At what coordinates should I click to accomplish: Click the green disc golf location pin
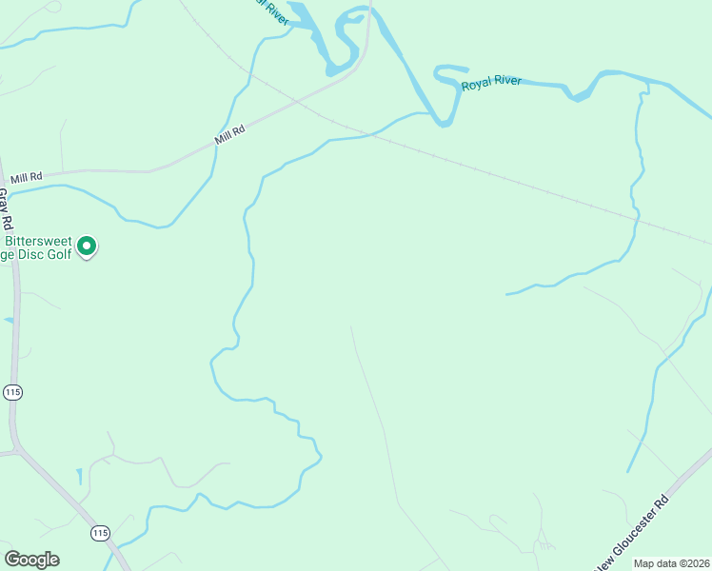click(87, 246)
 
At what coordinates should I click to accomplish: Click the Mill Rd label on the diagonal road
click(230, 135)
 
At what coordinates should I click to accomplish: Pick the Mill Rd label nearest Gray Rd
click(27, 177)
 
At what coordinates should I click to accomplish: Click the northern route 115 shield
click(11, 392)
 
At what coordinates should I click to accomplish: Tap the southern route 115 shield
click(100, 533)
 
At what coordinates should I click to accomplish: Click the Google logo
click(31, 560)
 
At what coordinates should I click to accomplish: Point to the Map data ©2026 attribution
click(672, 563)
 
